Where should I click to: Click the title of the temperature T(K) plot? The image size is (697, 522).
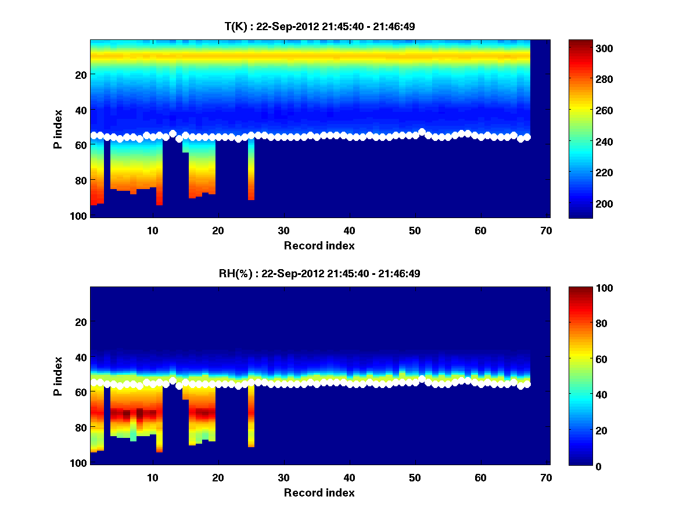click(319, 26)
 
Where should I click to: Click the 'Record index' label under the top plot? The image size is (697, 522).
click(319, 245)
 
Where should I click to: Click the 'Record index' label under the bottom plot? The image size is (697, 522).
click(319, 492)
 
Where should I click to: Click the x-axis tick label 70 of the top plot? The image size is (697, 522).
click(545, 230)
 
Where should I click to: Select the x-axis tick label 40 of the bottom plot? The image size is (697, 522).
click(348, 477)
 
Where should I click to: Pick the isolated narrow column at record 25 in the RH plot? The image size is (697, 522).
click(251, 418)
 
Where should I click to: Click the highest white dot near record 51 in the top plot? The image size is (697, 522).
click(422, 132)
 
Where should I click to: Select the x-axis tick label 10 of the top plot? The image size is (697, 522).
click(152, 230)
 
